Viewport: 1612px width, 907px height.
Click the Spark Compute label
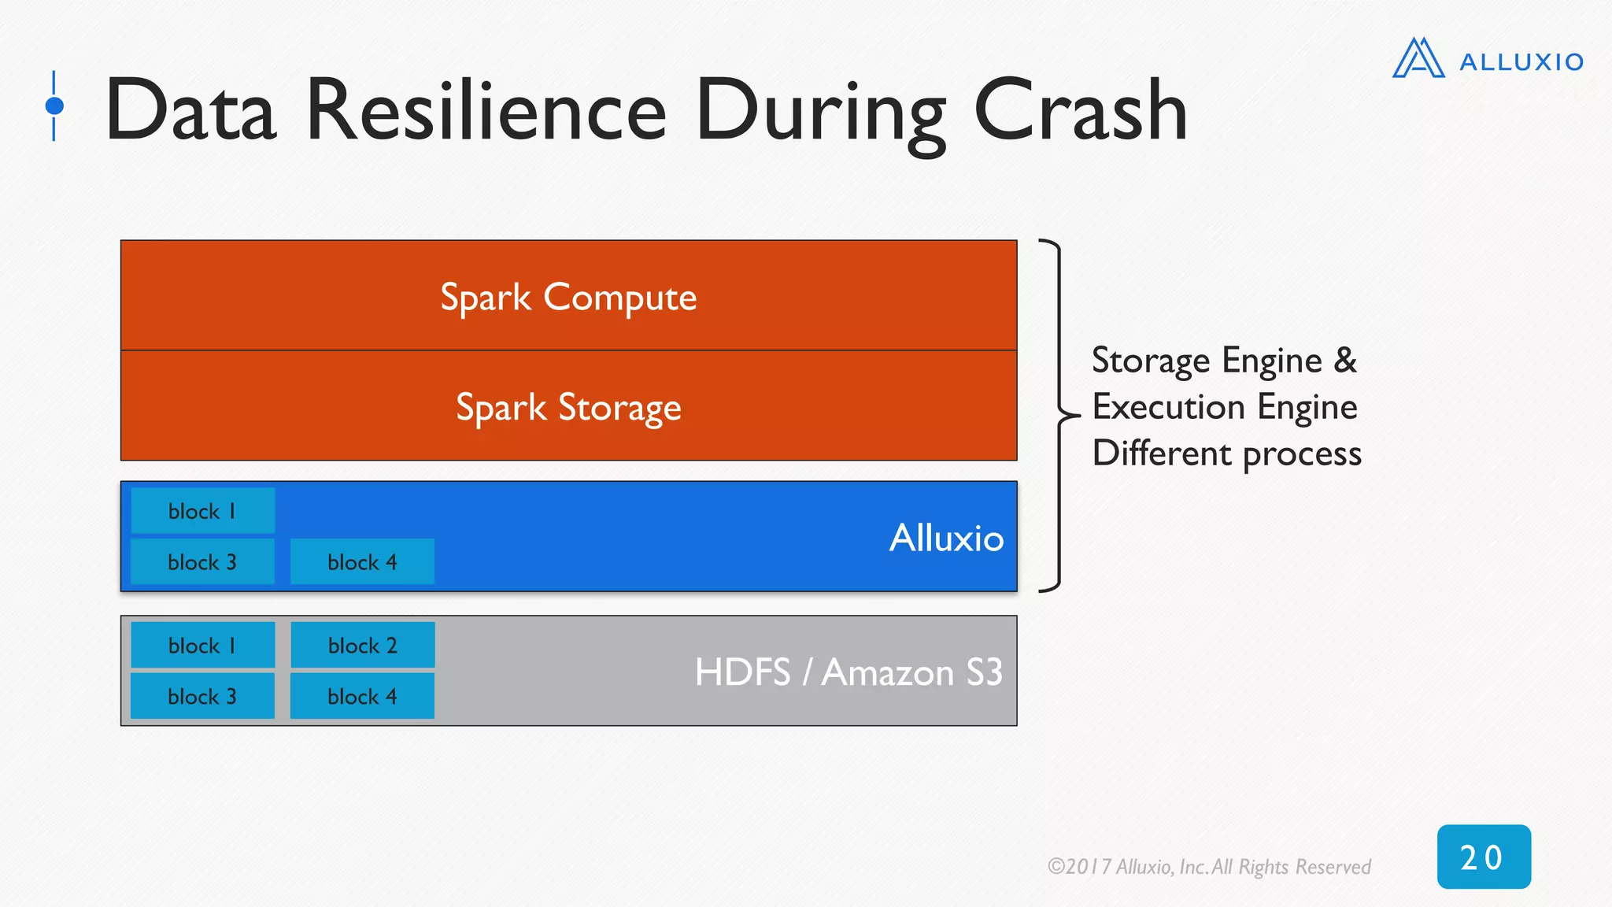click(x=568, y=298)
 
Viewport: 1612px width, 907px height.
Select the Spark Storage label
click(x=568, y=408)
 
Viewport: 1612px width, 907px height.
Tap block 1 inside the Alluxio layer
click(x=202, y=511)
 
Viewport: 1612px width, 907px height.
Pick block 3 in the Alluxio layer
click(x=202, y=562)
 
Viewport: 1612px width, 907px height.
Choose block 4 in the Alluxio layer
click(x=362, y=562)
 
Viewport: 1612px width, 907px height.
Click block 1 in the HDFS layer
click(x=202, y=646)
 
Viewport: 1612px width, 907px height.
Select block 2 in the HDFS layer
click(x=362, y=646)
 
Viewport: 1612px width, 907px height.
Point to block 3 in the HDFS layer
click(x=202, y=697)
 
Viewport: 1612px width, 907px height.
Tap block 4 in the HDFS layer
click(x=362, y=697)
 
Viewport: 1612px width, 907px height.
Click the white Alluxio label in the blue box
click(x=946, y=539)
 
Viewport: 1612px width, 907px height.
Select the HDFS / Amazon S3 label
click(x=849, y=672)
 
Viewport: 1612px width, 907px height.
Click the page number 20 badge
click(x=1483, y=857)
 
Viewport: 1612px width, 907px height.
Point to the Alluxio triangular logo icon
click(x=1418, y=59)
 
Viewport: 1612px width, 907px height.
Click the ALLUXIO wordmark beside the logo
click(x=1521, y=62)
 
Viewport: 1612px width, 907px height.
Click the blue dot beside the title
click(x=54, y=106)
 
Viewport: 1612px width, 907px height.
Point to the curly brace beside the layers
click(x=1058, y=415)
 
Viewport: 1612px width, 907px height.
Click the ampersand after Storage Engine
click(x=1345, y=360)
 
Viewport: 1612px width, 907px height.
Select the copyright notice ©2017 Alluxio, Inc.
click(x=1208, y=867)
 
